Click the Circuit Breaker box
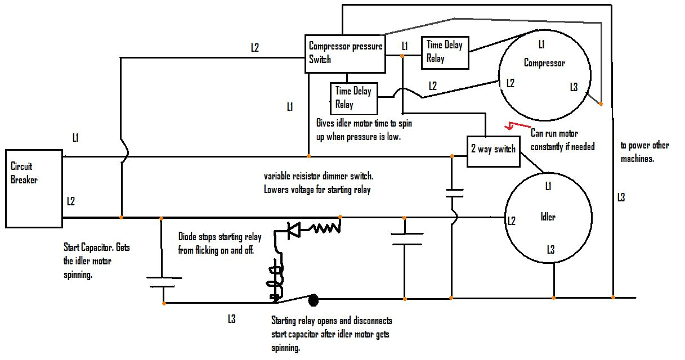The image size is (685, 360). (x=34, y=188)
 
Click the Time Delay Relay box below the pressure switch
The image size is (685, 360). (x=353, y=98)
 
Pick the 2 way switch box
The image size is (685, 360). (x=493, y=150)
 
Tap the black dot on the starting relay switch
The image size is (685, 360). (x=314, y=301)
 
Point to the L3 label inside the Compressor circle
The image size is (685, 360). (x=574, y=87)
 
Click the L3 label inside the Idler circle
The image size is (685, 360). (x=551, y=249)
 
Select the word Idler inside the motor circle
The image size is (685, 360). (x=548, y=217)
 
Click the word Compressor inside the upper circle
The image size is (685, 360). (x=544, y=63)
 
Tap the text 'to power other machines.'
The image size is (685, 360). (x=644, y=152)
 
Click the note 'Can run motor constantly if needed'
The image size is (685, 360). (x=562, y=140)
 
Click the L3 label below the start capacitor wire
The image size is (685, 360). (x=231, y=319)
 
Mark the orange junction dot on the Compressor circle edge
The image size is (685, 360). (x=601, y=104)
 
